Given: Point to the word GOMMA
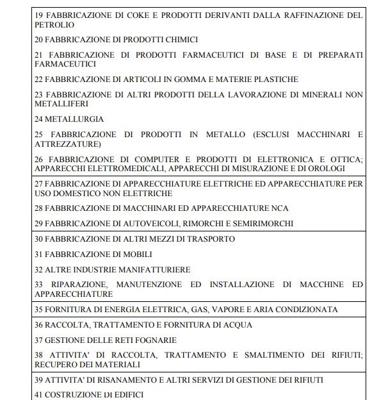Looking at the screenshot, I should click(175, 79).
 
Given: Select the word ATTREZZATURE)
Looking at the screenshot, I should click(68, 144).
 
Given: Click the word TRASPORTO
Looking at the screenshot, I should click(209, 239).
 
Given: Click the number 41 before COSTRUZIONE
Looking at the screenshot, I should click(39, 394).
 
